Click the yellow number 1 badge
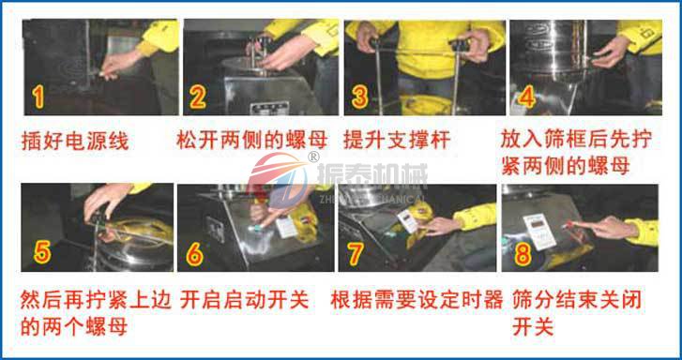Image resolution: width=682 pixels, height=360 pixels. pos(38,95)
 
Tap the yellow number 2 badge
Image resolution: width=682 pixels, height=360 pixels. pos(197,95)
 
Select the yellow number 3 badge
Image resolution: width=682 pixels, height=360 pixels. pos(361,95)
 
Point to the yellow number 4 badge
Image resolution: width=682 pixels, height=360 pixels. pos(527,95)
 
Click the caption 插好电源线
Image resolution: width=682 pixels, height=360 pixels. pos(75,142)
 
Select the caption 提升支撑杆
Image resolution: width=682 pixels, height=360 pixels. pos(398,142)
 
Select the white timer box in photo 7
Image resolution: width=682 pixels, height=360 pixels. pos(407,221)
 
